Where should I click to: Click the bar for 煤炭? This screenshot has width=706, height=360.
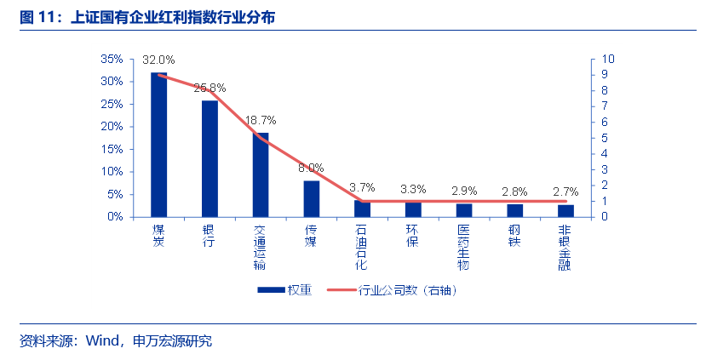[x=158, y=145]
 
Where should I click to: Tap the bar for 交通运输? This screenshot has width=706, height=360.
[x=261, y=174]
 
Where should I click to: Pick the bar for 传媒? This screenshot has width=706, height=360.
[x=312, y=198]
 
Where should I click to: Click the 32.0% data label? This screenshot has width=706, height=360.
[x=158, y=60]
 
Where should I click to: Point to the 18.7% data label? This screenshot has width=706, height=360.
[x=261, y=121]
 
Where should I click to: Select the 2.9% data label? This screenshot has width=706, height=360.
[x=464, y=191]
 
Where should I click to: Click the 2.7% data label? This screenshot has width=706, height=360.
[x=565, y=191]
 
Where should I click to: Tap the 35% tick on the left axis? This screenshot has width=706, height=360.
[x=112, y=60]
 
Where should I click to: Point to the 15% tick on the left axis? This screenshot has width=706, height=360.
[x=112, y=149]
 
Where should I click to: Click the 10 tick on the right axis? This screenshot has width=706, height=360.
[x=608, y=60]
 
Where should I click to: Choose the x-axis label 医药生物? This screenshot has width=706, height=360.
[x=464, y=247]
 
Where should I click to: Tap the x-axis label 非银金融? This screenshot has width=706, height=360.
[x=565, y=247]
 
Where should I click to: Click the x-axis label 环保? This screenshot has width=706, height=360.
[x=413, y=236]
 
